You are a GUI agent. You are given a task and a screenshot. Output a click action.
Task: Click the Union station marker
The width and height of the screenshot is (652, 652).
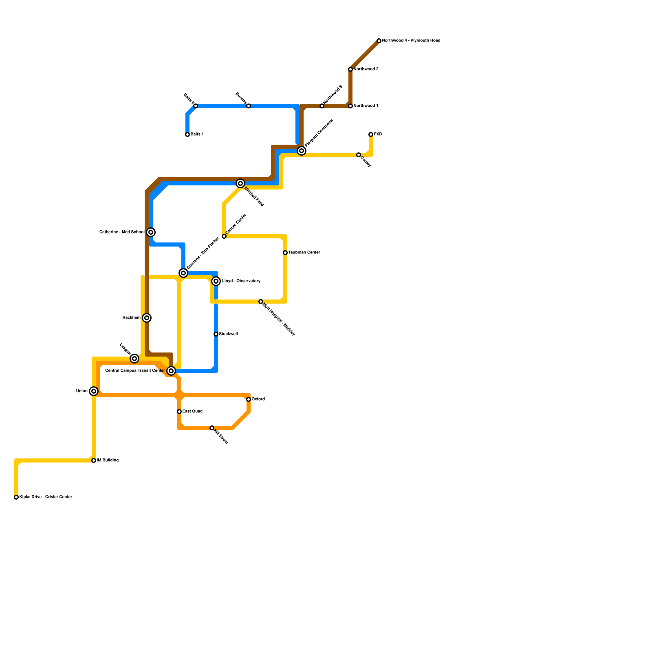[x=94, y=391]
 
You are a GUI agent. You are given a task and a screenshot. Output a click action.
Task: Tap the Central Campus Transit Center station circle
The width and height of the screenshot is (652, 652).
[x=171, y=371]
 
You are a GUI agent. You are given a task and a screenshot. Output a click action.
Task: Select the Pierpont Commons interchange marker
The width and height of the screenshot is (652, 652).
[x=302, y=151]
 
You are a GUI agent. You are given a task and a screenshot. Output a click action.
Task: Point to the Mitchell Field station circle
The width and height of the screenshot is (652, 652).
[x=240, y=183]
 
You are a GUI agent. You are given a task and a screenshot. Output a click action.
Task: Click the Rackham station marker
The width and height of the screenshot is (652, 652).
[x=147, y=318]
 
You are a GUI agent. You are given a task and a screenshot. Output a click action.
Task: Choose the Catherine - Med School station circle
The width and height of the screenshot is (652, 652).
[x=151, y=232]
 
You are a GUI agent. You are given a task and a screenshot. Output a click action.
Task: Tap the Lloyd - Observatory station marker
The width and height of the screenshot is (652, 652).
[x=216, y=281]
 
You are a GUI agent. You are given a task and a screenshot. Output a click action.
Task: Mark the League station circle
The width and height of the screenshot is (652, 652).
[x=134, y=359]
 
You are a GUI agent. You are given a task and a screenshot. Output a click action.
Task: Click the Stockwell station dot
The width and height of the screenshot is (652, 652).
[x=216, y=334]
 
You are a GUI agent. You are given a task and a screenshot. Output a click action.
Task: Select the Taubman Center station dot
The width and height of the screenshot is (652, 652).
[x=285, y=253]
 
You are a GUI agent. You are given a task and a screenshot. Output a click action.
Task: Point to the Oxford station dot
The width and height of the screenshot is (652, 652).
[x=249, y=399]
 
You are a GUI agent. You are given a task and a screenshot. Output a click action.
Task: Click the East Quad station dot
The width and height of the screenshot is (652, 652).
[x=179, y=412]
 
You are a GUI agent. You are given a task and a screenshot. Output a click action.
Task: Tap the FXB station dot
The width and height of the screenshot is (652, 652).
[x=371, y=134]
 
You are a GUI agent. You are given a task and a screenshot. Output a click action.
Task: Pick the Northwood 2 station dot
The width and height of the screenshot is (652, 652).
[x=350, y=69]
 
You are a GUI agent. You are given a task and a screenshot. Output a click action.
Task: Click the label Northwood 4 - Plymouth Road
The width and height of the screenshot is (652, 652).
[x=411, y=41]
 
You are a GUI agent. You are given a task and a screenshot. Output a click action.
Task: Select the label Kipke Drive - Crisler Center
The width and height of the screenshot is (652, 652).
[x=46, y=497]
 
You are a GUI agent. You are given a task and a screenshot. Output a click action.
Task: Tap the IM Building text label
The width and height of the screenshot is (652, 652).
[x=108, y=460]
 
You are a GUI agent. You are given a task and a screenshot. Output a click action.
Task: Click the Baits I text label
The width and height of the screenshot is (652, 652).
[x=196, y=134]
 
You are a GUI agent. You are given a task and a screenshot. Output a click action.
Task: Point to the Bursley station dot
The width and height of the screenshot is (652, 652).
[x=249, y=106]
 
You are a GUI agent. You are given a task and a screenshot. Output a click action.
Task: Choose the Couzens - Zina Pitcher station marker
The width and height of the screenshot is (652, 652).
[x=183, y=273]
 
